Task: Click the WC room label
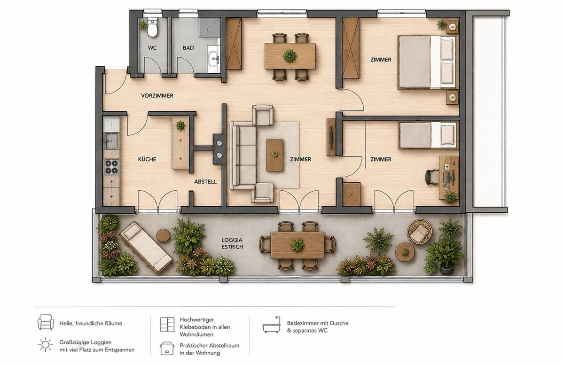pos(152,48)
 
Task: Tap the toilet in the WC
pos(152,27)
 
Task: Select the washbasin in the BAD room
pos(213,59)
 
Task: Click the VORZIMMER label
pos(157,96)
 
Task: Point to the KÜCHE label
pos(147,159)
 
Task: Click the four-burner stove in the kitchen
pos(111,167)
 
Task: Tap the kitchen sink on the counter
pos(111,141)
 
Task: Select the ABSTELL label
pos(205,182)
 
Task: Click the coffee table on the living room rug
pos(274,155)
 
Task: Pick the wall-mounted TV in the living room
pos(332,137)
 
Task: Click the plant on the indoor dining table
pos(290,55)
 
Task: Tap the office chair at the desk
pos(432,177)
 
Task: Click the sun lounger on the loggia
pos(146,247)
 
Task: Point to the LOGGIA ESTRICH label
pos(232,243)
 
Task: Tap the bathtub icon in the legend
pos(272,325)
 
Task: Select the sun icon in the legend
pos(46,345)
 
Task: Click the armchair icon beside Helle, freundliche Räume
pos(46,322)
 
